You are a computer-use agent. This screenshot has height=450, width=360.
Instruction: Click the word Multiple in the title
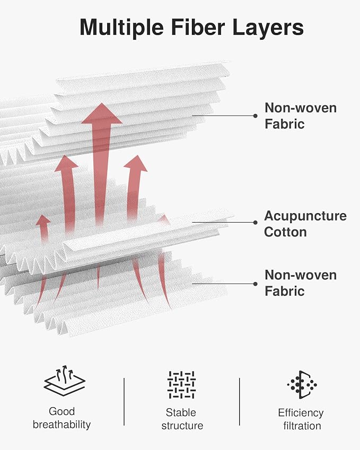coord(122,28)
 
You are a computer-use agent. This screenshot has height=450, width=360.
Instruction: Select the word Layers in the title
coord(268,28)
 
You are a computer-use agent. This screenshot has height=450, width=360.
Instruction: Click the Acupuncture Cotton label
coord(305,224)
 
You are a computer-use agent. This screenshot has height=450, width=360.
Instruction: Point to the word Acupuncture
coord(305,216)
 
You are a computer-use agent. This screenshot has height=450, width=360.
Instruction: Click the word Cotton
coord(285,232)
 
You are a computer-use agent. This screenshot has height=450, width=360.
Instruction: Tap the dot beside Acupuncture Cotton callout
coord(255,223)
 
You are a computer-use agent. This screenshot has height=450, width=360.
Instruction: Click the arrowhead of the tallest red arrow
coord(102,113)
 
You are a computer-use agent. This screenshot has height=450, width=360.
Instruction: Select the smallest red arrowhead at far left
coord(43,219)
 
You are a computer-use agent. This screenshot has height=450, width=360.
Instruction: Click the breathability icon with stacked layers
coord(65,381)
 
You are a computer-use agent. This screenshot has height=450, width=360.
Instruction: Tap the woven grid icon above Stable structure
coord(181,385)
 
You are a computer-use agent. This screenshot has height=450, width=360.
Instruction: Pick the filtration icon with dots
coord(302,385)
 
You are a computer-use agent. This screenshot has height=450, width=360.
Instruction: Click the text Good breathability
coord(62,418)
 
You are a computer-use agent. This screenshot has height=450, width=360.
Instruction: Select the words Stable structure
coord(182,419)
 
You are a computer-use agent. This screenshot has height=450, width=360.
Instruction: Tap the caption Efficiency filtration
coord(301,419)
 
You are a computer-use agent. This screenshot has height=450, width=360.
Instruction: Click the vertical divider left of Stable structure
coord(124,402)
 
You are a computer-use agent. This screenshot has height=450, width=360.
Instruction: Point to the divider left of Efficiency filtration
coord(240,402)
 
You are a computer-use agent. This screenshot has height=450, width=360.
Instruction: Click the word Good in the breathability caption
coord(62,411)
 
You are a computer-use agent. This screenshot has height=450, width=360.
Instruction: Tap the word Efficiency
coord(301,413)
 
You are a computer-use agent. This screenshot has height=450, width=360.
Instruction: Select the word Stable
coord(181,412)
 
